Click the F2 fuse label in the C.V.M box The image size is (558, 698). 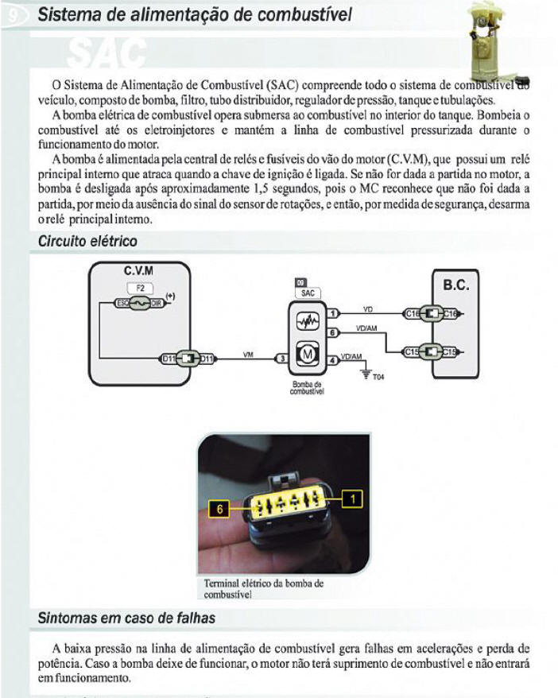point(139,287)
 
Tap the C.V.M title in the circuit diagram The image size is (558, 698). point(138,270)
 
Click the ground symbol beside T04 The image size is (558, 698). point(365,373)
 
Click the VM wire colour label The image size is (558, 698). point(248,355)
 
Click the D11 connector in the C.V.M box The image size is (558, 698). point(187,359)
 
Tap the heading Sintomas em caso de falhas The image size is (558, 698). point(126,618)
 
